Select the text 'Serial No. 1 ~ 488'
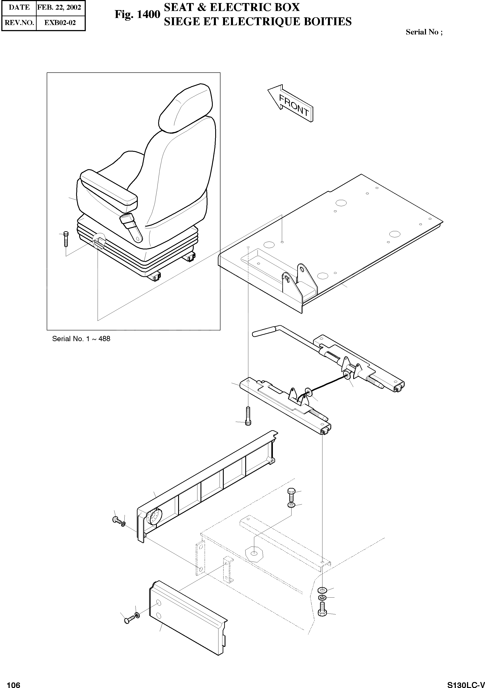pyautogui.click(x=81, y=339)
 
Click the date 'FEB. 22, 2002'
pyautogui.click(x=59, y=7)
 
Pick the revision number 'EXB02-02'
pyautogui.click(x=60, y=23)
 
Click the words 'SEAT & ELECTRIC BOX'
pyautogui.click(x=232, y=7)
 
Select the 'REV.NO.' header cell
pyautogui.click(x=19, y=23)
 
